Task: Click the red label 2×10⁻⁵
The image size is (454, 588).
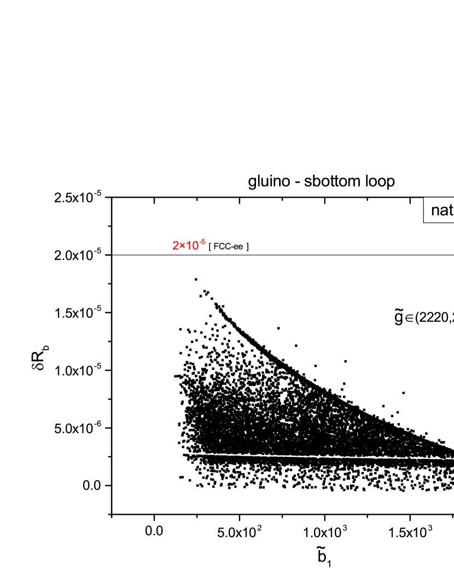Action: (189, 246)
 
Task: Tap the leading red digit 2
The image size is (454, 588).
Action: (176, 246)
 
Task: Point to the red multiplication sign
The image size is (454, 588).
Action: (182, 247)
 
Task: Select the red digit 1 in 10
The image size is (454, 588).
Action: (188, 246)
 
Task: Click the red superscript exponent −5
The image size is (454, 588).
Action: (202, 242)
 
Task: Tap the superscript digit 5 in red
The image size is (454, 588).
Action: (203, 242)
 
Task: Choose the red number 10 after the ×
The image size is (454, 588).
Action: (191, 246)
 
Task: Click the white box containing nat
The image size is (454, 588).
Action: (439, 210)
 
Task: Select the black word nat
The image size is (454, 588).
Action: (442, 211)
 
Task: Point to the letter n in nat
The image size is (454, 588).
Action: (435, 211)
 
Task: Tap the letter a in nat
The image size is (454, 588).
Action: (444, 211)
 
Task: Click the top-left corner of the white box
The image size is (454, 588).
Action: (424, 197)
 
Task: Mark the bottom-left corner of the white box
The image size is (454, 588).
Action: (424, 222)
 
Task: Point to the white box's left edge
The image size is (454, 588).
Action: (424, 210)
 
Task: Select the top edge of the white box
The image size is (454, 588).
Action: (439, 197)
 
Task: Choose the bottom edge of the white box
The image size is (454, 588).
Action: (439, 222)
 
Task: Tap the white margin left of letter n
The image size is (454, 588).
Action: (428, 210)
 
